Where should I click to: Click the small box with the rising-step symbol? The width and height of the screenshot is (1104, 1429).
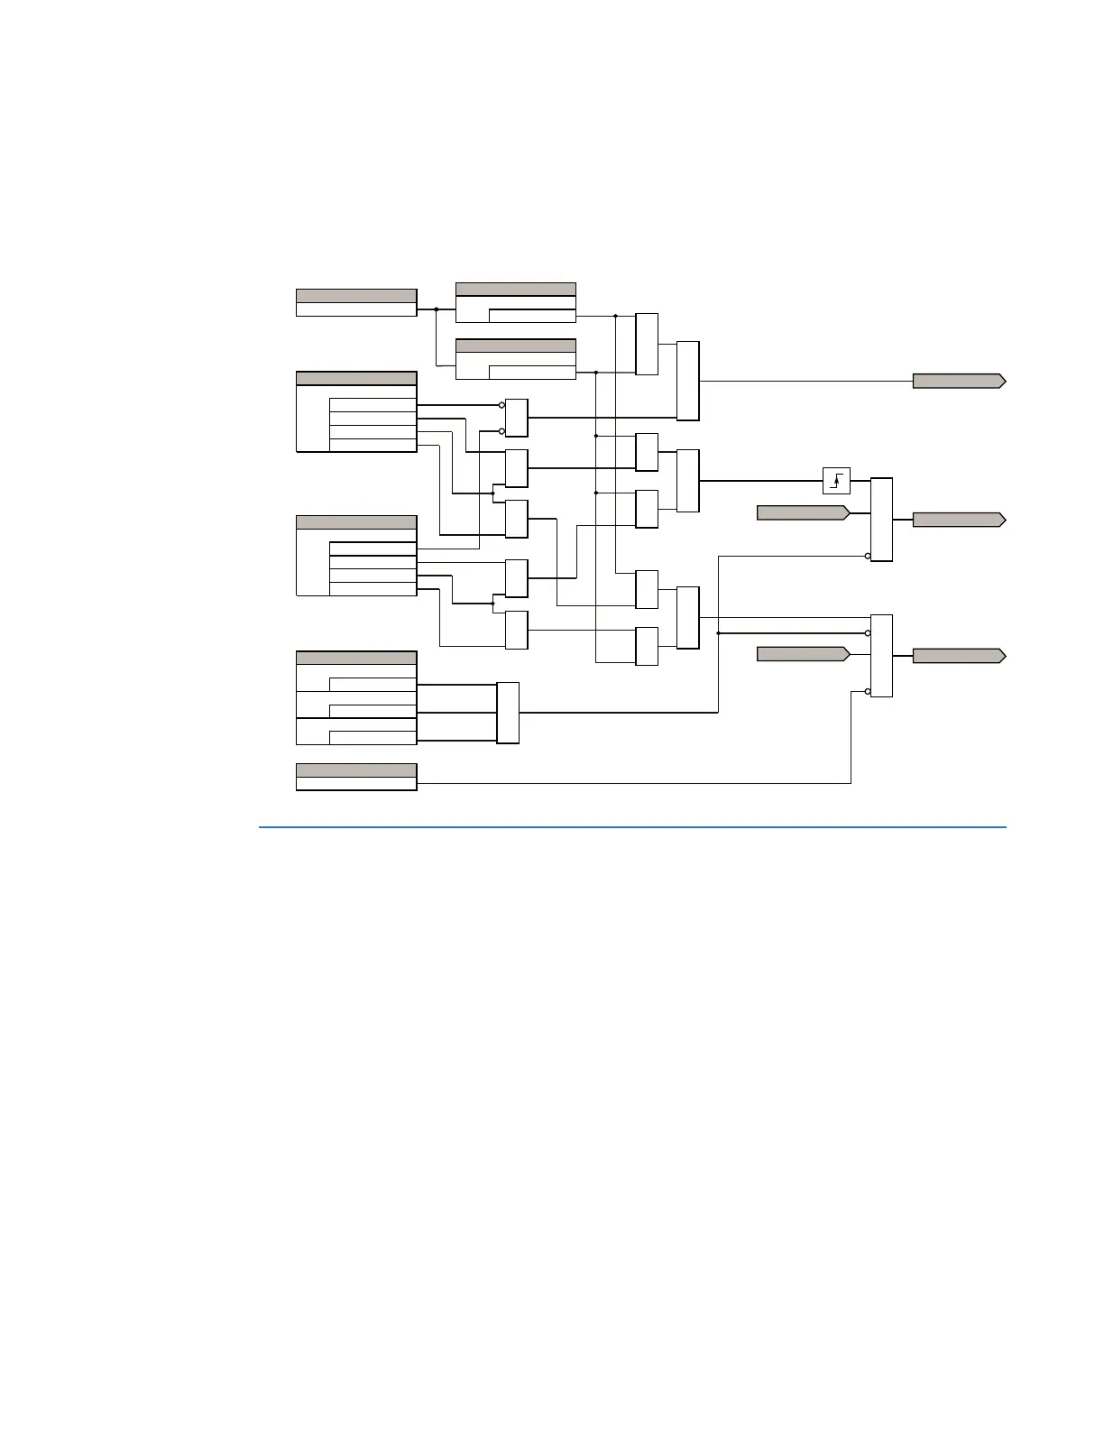(836, 481)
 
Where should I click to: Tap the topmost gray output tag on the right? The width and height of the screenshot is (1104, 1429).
(958, 381)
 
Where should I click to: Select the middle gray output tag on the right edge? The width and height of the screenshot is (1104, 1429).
(958, 520)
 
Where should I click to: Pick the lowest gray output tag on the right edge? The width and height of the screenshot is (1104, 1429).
(958, 656)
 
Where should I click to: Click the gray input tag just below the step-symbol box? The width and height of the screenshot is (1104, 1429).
(802, 513)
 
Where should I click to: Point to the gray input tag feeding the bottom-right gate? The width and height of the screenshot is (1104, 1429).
(802, 653)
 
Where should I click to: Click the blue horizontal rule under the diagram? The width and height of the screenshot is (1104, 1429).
(631, 826)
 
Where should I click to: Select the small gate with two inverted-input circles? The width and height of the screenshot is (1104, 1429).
(516, 418)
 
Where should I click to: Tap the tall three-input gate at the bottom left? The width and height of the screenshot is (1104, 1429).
(508, 713)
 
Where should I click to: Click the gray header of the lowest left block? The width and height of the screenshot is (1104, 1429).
(356, 770)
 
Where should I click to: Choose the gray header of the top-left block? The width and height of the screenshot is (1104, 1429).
(356, 295)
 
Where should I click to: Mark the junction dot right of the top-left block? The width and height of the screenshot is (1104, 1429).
(437, 309)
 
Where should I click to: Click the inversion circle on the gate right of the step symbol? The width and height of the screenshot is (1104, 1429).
(868, 556)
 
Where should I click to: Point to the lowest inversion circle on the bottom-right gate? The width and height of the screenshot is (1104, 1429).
(868, 692)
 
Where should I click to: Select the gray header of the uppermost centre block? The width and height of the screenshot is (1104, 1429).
(515, 289)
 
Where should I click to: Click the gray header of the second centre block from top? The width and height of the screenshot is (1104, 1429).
(515, 346)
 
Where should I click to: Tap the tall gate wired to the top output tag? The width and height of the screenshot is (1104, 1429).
(687, 381)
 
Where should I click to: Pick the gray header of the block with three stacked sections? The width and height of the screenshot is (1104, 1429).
(356, 658)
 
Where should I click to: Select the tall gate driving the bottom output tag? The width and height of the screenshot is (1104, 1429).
(881, 656)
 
